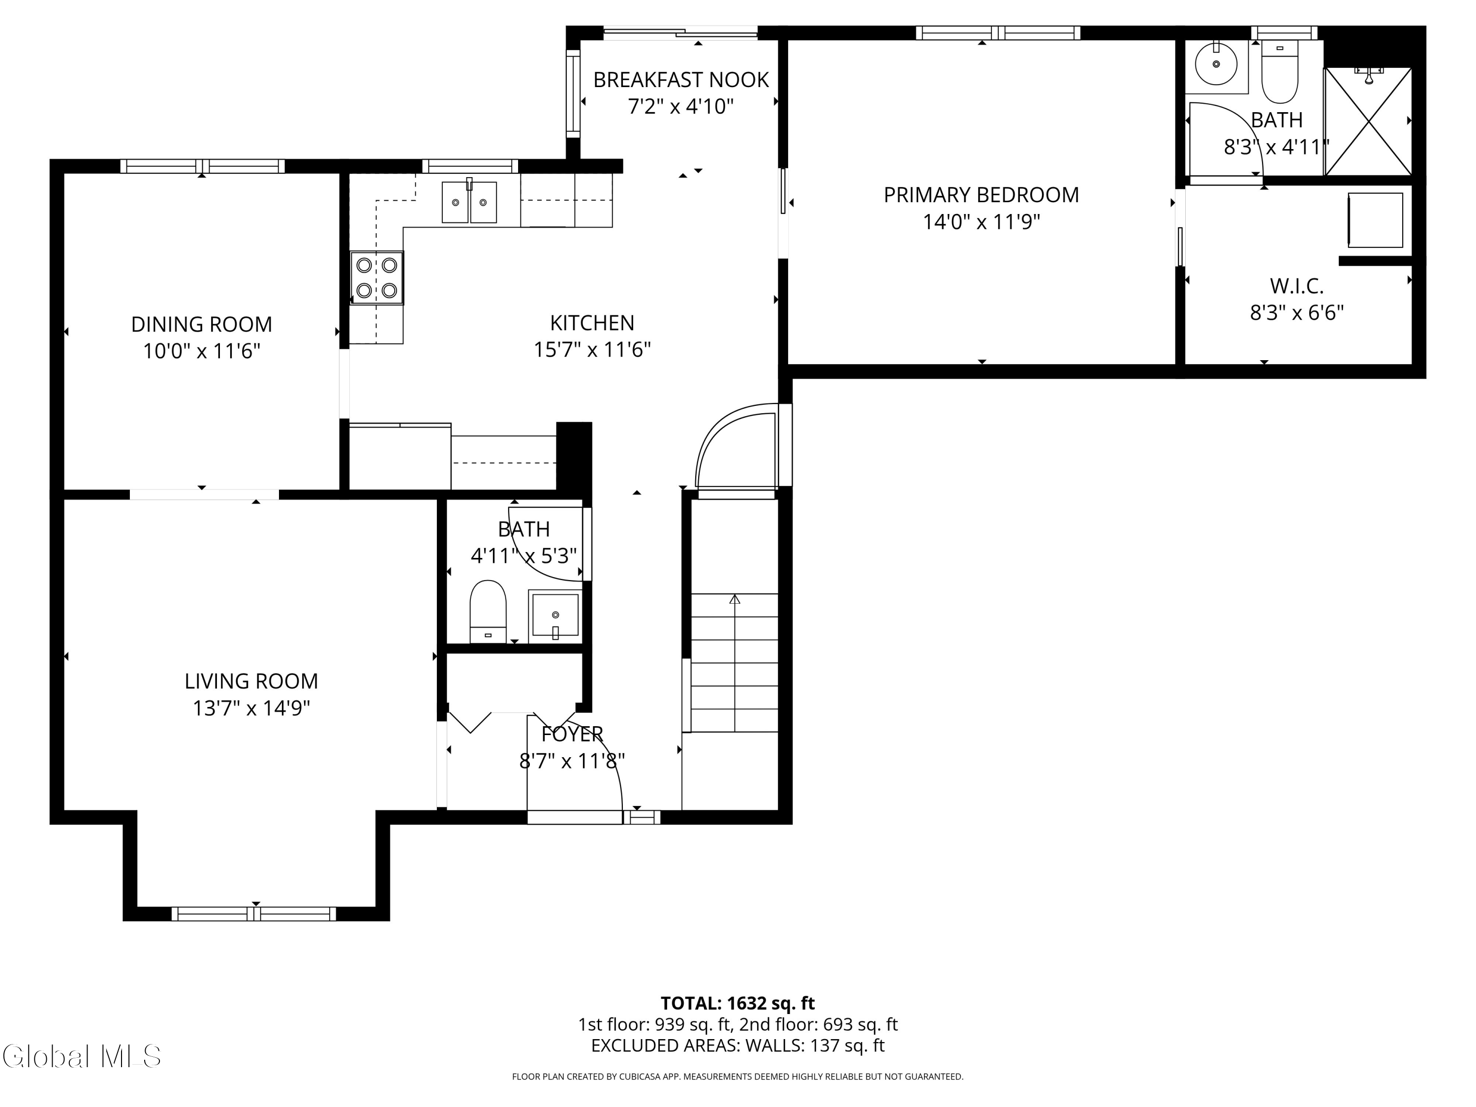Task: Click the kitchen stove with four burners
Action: click(x=377, y=277)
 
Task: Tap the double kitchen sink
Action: click(x=469, y=202)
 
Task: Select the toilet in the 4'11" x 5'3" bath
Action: click(x=488, y=610)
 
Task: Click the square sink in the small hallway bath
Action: click(x=554, y=615)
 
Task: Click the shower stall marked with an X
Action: click(x=1368, y=122)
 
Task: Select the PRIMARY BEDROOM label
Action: click(x=981, y=195)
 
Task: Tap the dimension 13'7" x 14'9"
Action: click(x=251, y=708)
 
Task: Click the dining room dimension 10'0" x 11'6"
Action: click(x=202, y=351)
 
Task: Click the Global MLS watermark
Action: click(x=81, y=1056)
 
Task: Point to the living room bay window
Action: click(x=253, y=914)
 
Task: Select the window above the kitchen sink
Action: click(x=470, y=165)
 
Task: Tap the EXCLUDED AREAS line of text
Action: click(x=738, y=1045)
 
